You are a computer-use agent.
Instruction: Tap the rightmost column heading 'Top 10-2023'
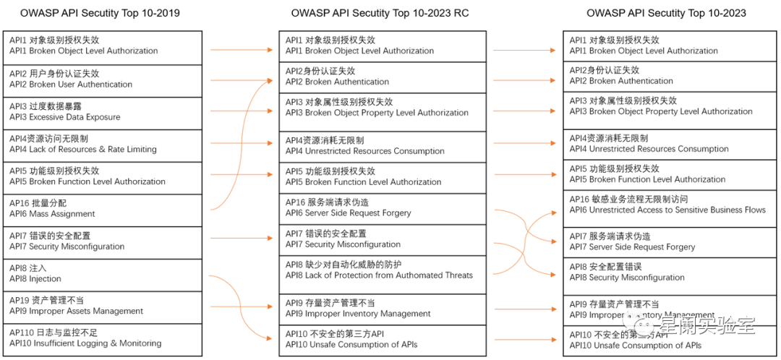(666, 13)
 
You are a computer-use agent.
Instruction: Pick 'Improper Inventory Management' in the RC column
(383, 309)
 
